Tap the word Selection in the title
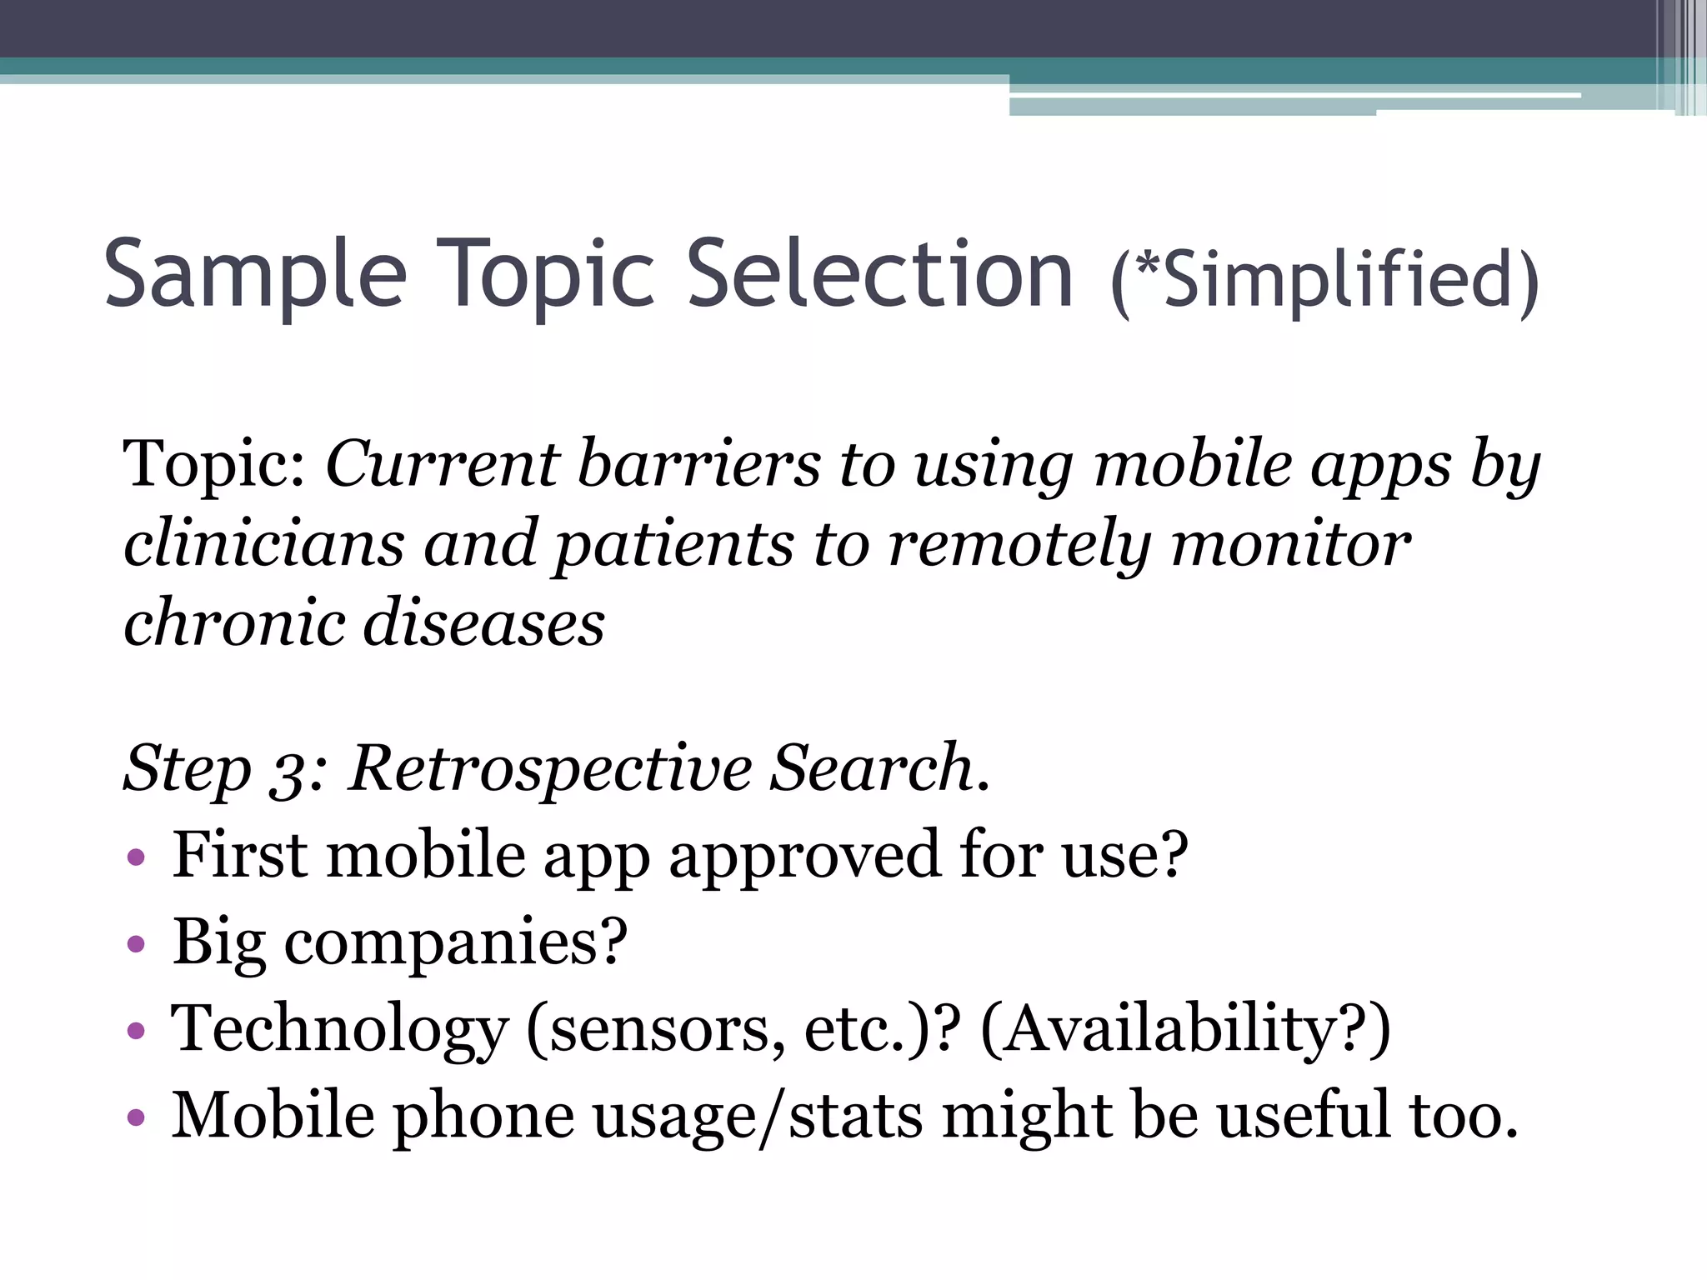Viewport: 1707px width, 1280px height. (880, 273)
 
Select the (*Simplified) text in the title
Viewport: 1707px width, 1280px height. (1325, 280)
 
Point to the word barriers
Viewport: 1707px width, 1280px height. (698, 464)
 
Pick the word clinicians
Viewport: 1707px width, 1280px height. (263, 544)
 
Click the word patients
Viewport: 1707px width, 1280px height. (674, 544)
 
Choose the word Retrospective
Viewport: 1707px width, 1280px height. (550, 768)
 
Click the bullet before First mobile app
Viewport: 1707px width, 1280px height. (136, 857)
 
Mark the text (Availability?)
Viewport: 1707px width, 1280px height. (1185, 1030)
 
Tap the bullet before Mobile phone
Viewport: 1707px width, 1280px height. (136, 1117)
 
